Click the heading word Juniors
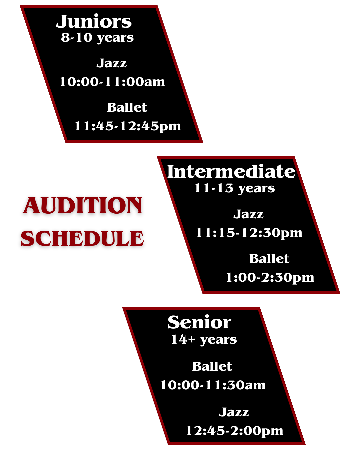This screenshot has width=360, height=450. [x=94, y=22]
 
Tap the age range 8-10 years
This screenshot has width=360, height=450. [x=97, y=38]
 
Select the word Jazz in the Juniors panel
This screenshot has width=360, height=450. [x=112, y=63]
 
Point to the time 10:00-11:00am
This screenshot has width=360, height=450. [x=112, y=82]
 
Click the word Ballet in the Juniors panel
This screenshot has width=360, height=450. [x=127, y=107]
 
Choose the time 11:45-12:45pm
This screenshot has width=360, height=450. [x=128, y=126]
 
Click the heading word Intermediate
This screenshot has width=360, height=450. [x=231, y=172]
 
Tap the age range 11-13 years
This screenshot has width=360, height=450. [x=234, y=188]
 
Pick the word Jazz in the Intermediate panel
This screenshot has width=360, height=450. [x=248, y=214]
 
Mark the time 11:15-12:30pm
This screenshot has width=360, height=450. [x=249, y=233]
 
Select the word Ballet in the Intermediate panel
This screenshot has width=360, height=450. [x=269, y=259]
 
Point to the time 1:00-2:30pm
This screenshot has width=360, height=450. [x=270, y=277]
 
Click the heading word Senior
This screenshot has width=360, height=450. [x=199, y=322]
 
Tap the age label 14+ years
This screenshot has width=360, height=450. [x=204, y=339]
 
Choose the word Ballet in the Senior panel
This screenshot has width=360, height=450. [x=212, y=366]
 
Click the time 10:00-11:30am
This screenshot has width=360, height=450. [x=213, y=385]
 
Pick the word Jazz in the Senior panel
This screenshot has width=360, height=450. [x=234, y=412]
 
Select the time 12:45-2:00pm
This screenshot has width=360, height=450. [x=234, y=431]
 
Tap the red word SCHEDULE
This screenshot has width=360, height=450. [x=82, y=238]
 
